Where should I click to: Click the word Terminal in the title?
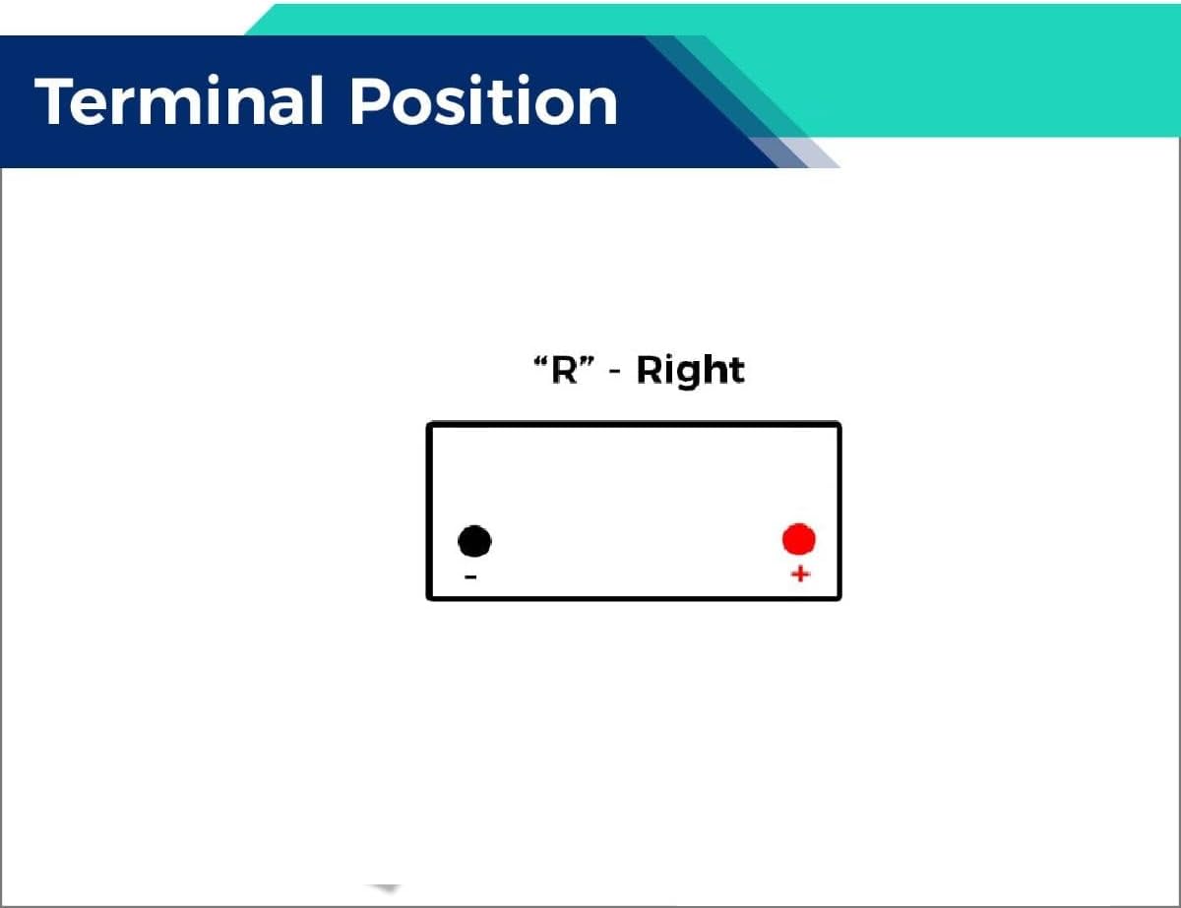coord(179,100)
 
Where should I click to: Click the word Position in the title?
coord(484,100)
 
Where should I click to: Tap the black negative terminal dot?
coord(474,541)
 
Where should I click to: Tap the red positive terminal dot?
coord(798,539)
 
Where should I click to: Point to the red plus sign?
coord(800,574)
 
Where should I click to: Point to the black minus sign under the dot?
coord(470,576)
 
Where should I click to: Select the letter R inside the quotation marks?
coord(564,370)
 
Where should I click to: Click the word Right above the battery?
coord(690,371)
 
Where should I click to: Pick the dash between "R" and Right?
coord(614,372)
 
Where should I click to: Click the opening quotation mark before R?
coord(540,361)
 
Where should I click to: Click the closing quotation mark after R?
coord(587,361)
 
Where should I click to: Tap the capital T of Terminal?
coord(54,101)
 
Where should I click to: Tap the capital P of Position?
coord(370,101)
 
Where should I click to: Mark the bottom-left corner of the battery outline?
coord(429,598)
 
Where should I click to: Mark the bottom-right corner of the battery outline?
coord(839,598)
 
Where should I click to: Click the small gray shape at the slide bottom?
coord(385,888)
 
